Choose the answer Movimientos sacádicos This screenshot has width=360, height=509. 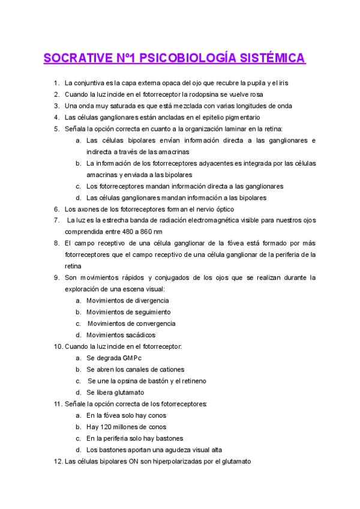[121, 335]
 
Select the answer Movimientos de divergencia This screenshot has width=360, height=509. [127, 300]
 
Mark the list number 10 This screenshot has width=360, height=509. [58, 346]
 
